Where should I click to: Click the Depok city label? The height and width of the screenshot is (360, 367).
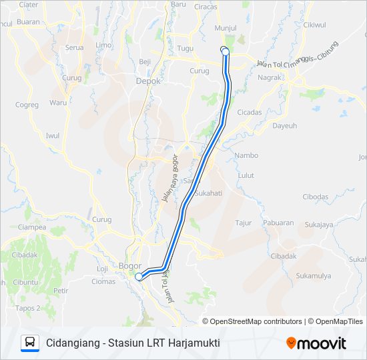(148, 81)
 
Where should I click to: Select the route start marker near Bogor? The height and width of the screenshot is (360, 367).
(139, 277)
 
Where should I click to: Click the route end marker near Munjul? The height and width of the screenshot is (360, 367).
(225, 51)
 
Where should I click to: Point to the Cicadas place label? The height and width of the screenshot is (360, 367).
(249, 112)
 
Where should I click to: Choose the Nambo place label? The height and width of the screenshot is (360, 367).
(246, 155)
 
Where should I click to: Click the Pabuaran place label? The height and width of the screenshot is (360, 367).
(278, 223)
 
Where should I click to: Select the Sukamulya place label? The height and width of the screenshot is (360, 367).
(314, 275)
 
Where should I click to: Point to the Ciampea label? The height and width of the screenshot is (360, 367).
(32, 227)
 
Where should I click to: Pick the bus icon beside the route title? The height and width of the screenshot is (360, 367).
(30, 343)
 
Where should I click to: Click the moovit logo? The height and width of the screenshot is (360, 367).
(316, 343)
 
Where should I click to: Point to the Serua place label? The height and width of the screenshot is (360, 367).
(73, 47)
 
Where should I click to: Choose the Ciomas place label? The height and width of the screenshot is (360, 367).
(103, 281)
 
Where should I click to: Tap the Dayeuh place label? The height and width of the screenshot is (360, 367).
(284, 125)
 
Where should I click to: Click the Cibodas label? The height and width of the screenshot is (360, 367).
(315, 197)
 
